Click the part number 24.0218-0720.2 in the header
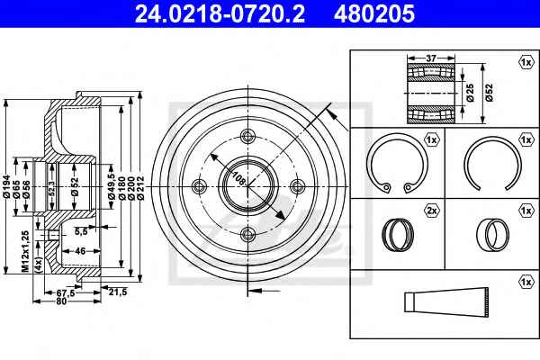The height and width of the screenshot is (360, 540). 220,13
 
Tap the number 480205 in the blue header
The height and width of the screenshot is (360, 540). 374,13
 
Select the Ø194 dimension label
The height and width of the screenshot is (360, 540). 7,187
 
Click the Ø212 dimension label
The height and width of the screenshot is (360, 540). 139,188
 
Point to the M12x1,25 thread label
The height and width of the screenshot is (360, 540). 25,251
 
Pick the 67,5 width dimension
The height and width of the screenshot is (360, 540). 66,292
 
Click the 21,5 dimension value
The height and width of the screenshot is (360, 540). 118,292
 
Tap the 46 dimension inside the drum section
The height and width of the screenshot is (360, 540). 80,251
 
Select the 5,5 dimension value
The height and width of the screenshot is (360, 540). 81,231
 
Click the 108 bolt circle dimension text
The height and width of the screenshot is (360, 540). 239,178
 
